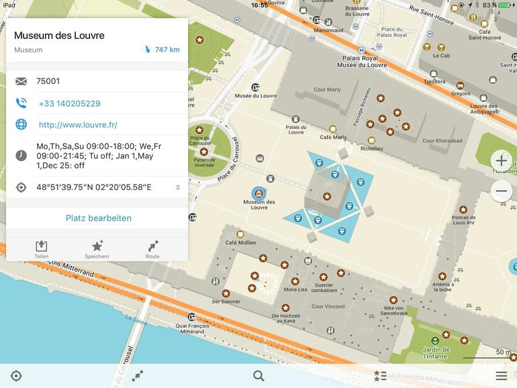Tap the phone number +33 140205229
point(69,103)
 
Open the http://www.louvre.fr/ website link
point(78,125)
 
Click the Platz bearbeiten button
point(98,218)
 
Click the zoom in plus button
point(501,161)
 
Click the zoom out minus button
point(501,191)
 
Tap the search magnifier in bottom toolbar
point(258,375)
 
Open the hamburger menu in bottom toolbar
point(501,375)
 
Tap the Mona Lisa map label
point(295,289)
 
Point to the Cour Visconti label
point(328,307)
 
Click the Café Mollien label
point(240,242)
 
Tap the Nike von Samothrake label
point(393,310)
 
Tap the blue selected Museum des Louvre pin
point(258,193)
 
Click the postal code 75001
point(48,81)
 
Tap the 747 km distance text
point(167,50)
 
